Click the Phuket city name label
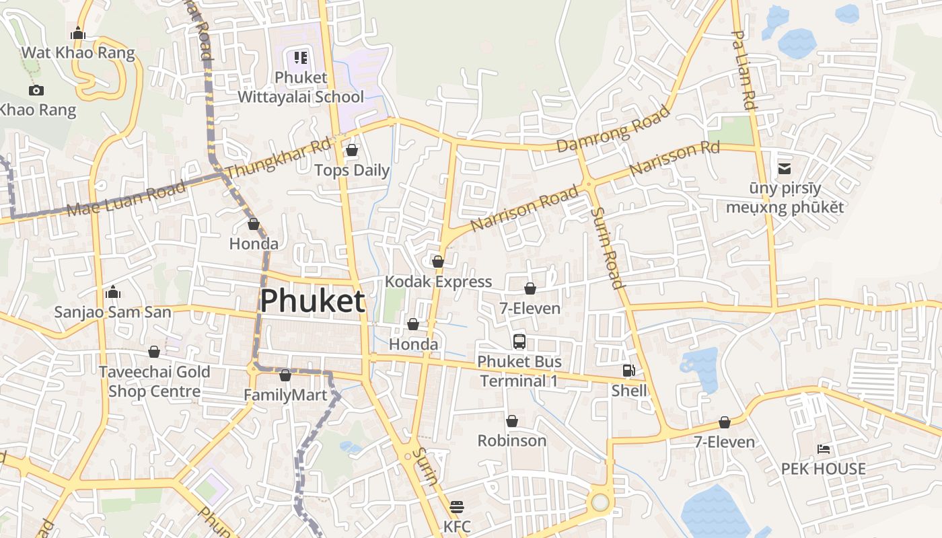click(x=312, y=301)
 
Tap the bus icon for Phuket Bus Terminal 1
click(x=519, y=341)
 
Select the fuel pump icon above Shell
click(x=628, y=371)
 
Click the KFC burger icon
click(x=457, y=506)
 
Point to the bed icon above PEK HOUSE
click(x=823, y=449)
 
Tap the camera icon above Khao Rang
click(x=36, y=90)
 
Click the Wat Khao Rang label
click(x=78, y=52)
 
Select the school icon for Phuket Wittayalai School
click(x=300, y=58)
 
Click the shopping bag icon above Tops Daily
click(x=351, y=150)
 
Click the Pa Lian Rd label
click(x=744, y=70)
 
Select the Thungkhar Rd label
click(x=278, y=159)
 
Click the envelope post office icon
click(x=785, y=168)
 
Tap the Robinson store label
click(x=511, y=440)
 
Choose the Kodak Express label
click(x=438, y=281)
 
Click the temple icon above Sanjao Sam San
click(x=113, y=292)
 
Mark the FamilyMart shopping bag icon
click(x=285, y=375)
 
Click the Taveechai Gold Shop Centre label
click(x=155, y=381)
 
